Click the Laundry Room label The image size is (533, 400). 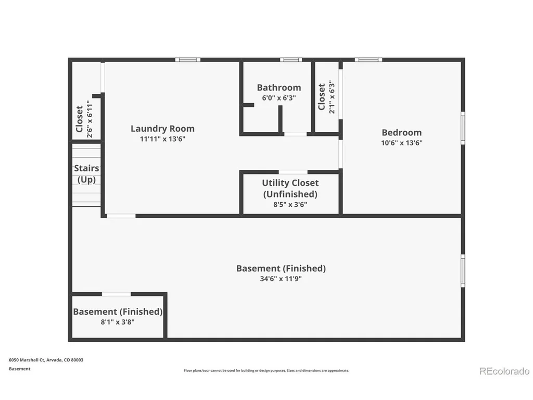tap(162, 129)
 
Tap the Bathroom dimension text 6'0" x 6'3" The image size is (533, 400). tap(279, 98)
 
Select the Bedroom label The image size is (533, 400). tap(401, 132)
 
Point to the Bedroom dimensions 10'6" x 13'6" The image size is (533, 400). tap(401, 143)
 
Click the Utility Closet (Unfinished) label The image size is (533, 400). tap(290, 188)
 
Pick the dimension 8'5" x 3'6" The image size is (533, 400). tap(290, 204)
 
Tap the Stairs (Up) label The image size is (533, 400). tap(87, 174)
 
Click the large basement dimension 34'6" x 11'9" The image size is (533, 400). tap(281, 279)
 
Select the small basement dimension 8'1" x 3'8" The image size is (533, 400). tap(118, 322)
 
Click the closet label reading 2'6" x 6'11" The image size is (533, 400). tap(90, 119)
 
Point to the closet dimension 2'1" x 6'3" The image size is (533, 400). tap(332, 97)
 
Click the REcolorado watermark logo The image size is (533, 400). tap(504, 371)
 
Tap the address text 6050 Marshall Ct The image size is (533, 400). tap(27, 360)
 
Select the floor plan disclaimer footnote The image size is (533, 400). tap(266, 370)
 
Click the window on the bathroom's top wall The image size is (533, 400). tap(291, 60)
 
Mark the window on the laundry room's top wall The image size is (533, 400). tap(187, 60)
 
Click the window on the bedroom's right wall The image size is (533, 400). tap(463, 128)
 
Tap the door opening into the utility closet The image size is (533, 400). tap(293, 172)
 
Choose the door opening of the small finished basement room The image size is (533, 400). tap(116, 294)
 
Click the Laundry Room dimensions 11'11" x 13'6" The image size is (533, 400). tap(162, 139)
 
